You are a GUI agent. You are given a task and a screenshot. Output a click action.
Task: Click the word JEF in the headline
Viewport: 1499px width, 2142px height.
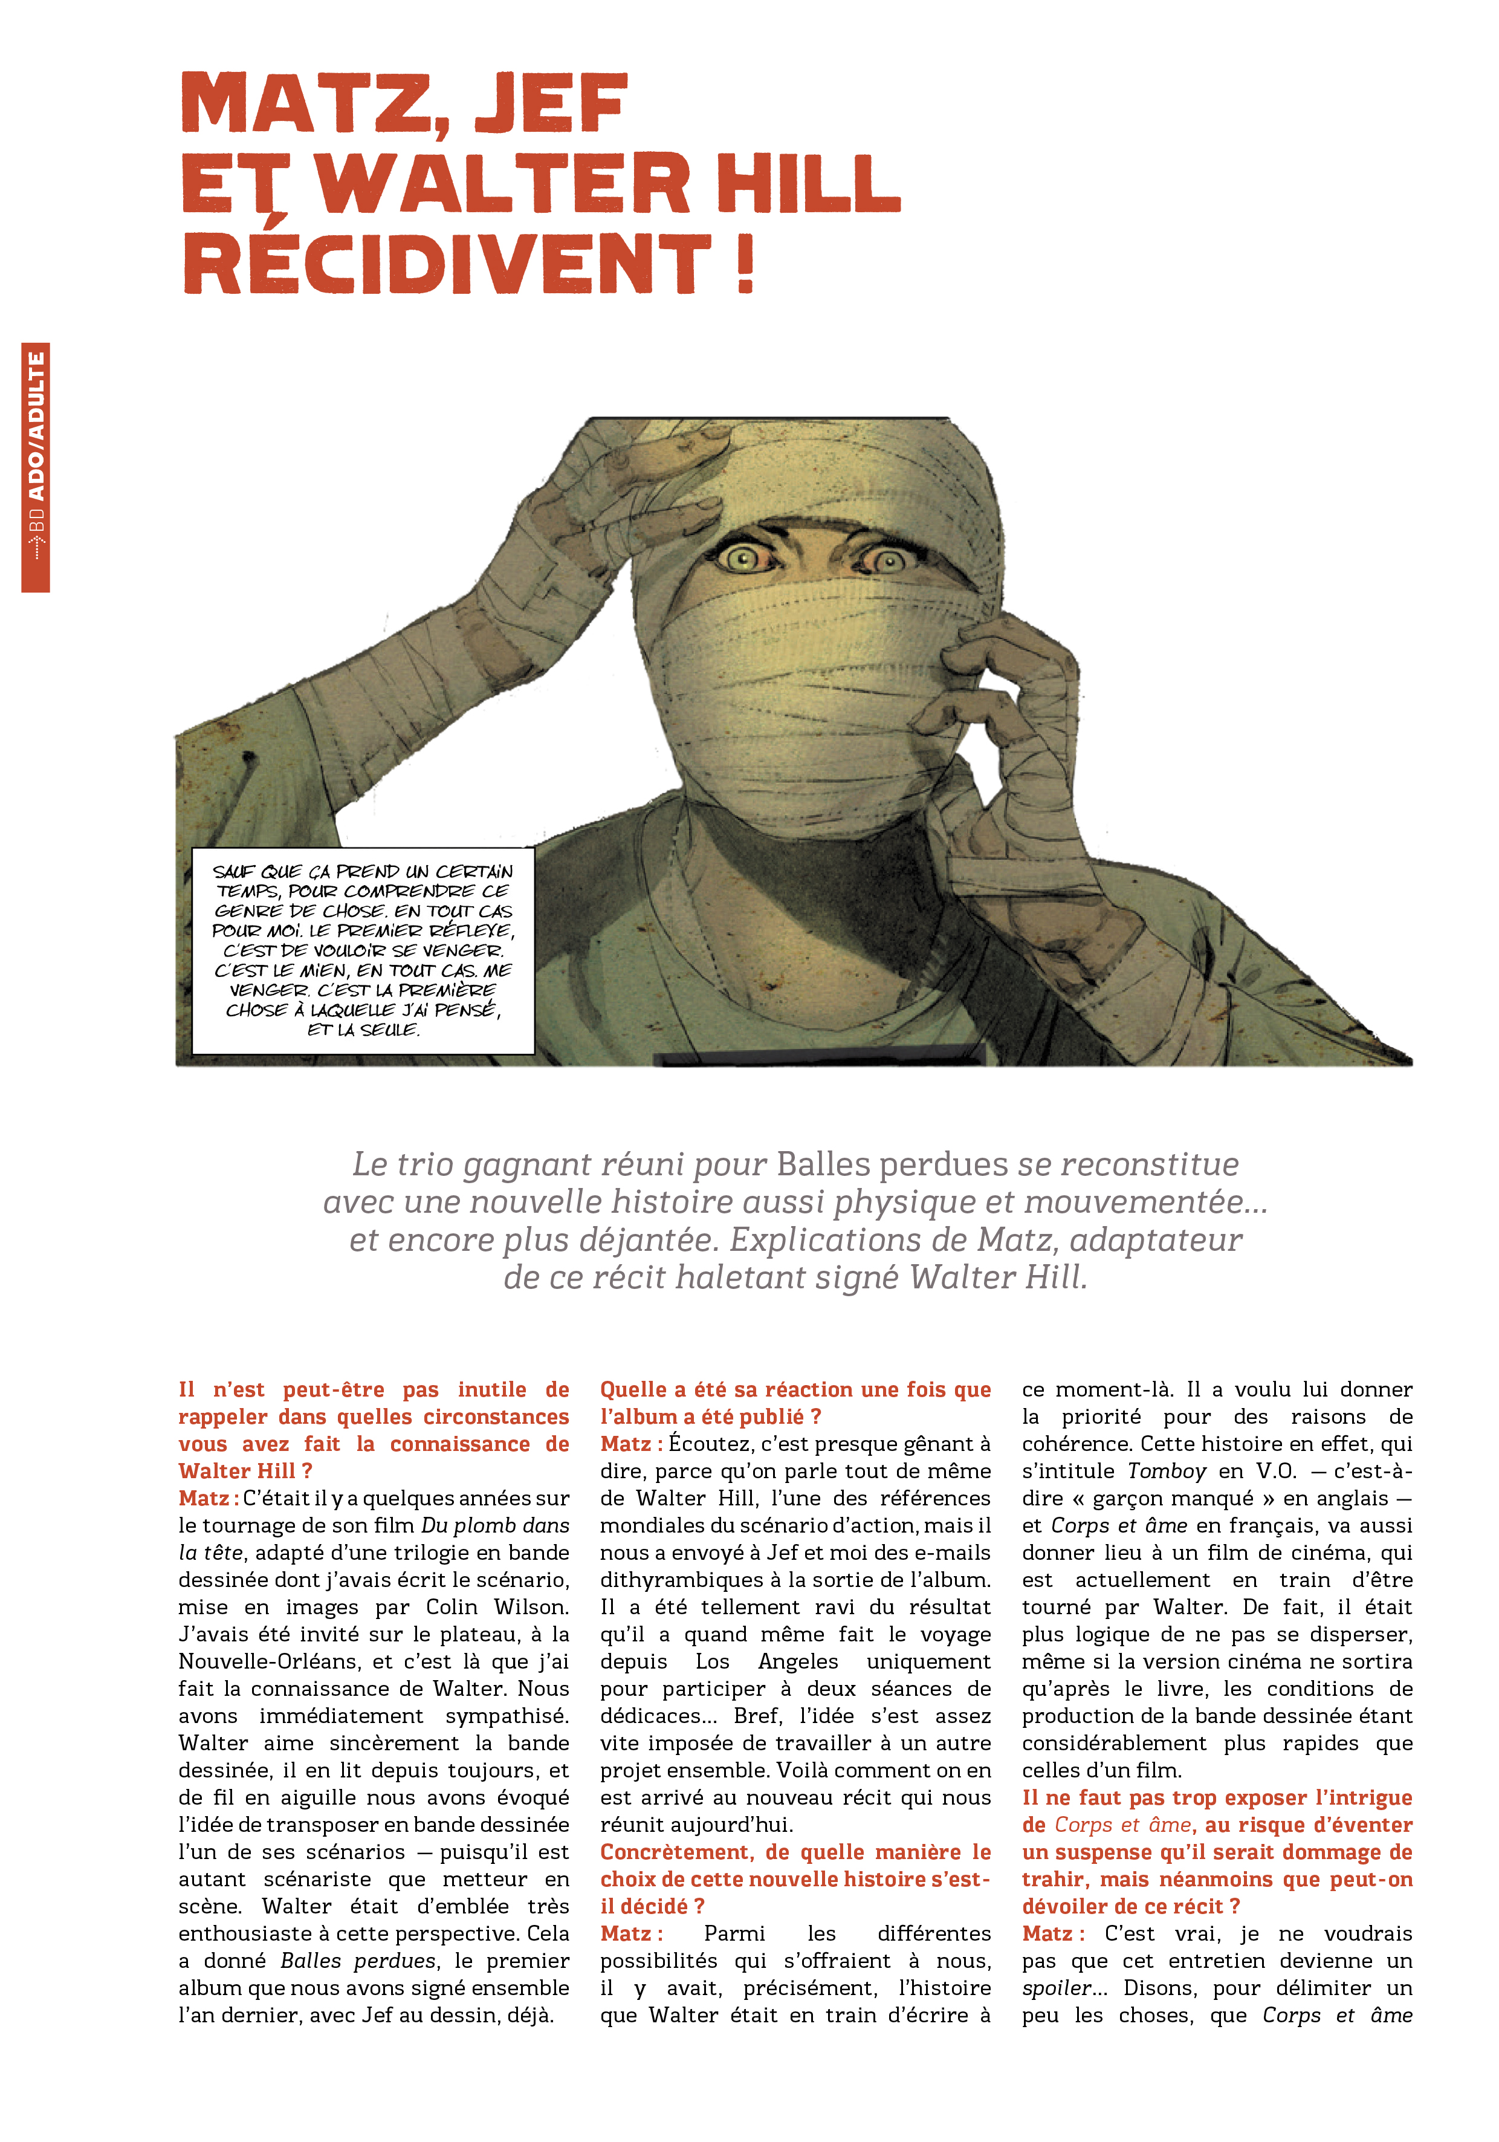551,105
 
